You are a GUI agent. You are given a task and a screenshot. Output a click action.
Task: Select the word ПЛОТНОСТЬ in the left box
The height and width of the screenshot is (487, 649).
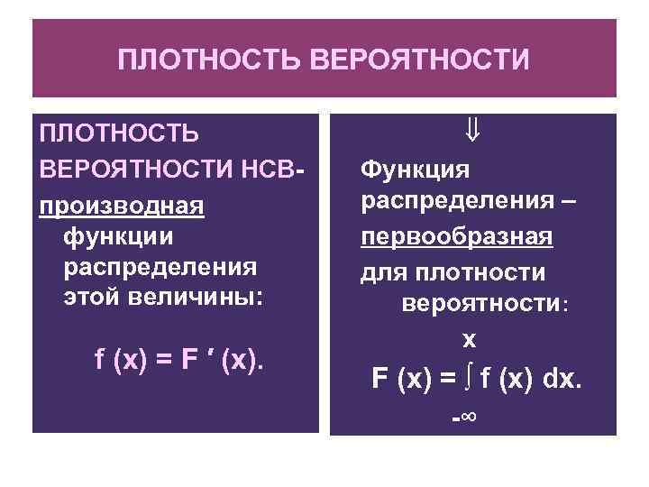(117, 134)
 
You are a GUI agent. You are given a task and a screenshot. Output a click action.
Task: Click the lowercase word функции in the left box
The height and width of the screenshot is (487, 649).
(117, 237)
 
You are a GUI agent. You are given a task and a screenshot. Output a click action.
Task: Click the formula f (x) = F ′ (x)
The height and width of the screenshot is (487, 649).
(179, 361)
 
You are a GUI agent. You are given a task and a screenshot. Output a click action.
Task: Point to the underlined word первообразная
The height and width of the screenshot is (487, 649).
(457, 238)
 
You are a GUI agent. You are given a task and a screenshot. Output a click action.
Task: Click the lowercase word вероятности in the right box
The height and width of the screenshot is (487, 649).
(480, 304)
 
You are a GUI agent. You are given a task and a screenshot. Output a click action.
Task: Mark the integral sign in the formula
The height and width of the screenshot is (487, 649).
(469, 379)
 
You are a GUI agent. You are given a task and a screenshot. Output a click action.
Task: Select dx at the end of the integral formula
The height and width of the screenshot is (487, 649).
(562, 380)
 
